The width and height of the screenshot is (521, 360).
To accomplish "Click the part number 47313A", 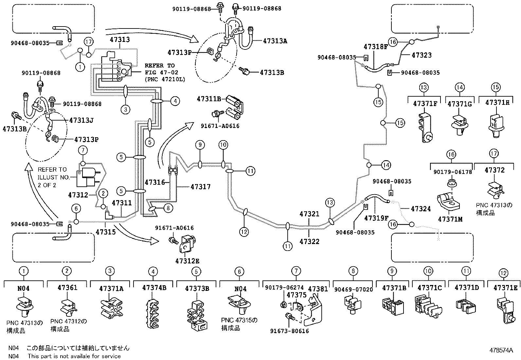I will pos(275,41).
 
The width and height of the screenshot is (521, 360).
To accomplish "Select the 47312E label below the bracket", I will pos(187,261).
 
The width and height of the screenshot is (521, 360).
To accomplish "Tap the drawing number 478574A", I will pos(501,350).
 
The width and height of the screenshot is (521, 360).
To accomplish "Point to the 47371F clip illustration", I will pos(425,128).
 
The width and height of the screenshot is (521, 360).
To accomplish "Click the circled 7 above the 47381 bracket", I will pos(296,271).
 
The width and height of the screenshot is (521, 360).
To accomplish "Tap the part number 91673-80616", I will pos(289,331).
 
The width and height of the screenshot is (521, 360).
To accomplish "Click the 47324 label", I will pos(421,209).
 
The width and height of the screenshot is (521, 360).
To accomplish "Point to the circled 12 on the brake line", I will pos(244,232).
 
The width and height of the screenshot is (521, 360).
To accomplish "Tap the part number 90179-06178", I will pos(451,172).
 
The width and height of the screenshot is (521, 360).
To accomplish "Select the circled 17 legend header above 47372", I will pos(494,153).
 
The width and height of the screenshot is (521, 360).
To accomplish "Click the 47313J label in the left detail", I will pos(81,120).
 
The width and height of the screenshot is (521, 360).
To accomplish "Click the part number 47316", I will pos(155,182).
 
